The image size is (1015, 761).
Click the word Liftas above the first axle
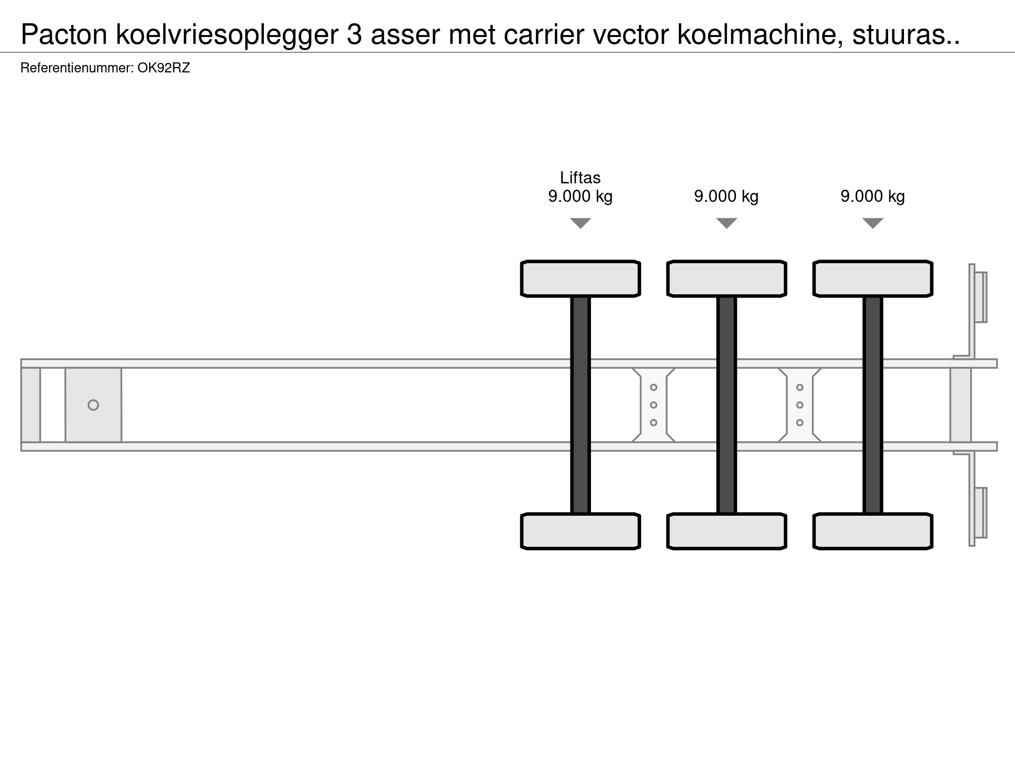[580, 178]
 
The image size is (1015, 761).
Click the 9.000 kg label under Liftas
[580, 196]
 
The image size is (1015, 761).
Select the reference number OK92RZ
[163, 68]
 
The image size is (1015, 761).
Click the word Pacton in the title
[64, 35]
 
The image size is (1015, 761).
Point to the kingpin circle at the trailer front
[93, 405]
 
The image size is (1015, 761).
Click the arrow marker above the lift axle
[580, 224]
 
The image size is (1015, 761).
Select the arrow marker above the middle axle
[726, 224]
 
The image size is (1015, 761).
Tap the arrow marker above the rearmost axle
[873, 224]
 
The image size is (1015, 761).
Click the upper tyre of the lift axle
[580, 279]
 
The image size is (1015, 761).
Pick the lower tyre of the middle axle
[726, 531]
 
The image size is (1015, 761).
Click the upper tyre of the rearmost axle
[873, 279]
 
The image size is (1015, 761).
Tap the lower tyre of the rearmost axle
[873, 531]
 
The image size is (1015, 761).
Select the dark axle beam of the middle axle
[726, 405]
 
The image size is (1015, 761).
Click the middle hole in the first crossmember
[653, 405]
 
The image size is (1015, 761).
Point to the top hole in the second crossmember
[800, 387]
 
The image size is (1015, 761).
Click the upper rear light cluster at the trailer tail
[980, 297]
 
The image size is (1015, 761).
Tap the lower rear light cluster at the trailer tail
[980, 513]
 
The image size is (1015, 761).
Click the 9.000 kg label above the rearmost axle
[873, 196]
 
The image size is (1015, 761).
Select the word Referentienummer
[77, 68]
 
